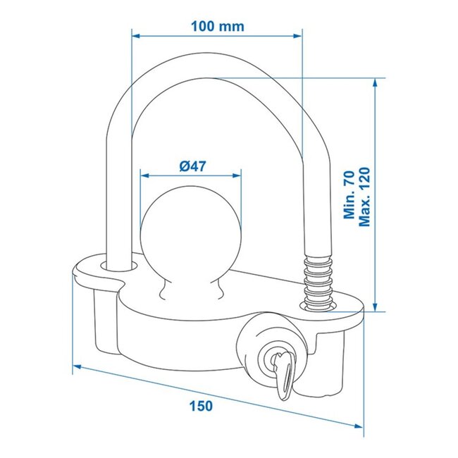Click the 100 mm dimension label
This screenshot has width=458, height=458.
click(x=217, y=26)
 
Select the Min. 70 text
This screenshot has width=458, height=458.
click(x=348, y=197)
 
